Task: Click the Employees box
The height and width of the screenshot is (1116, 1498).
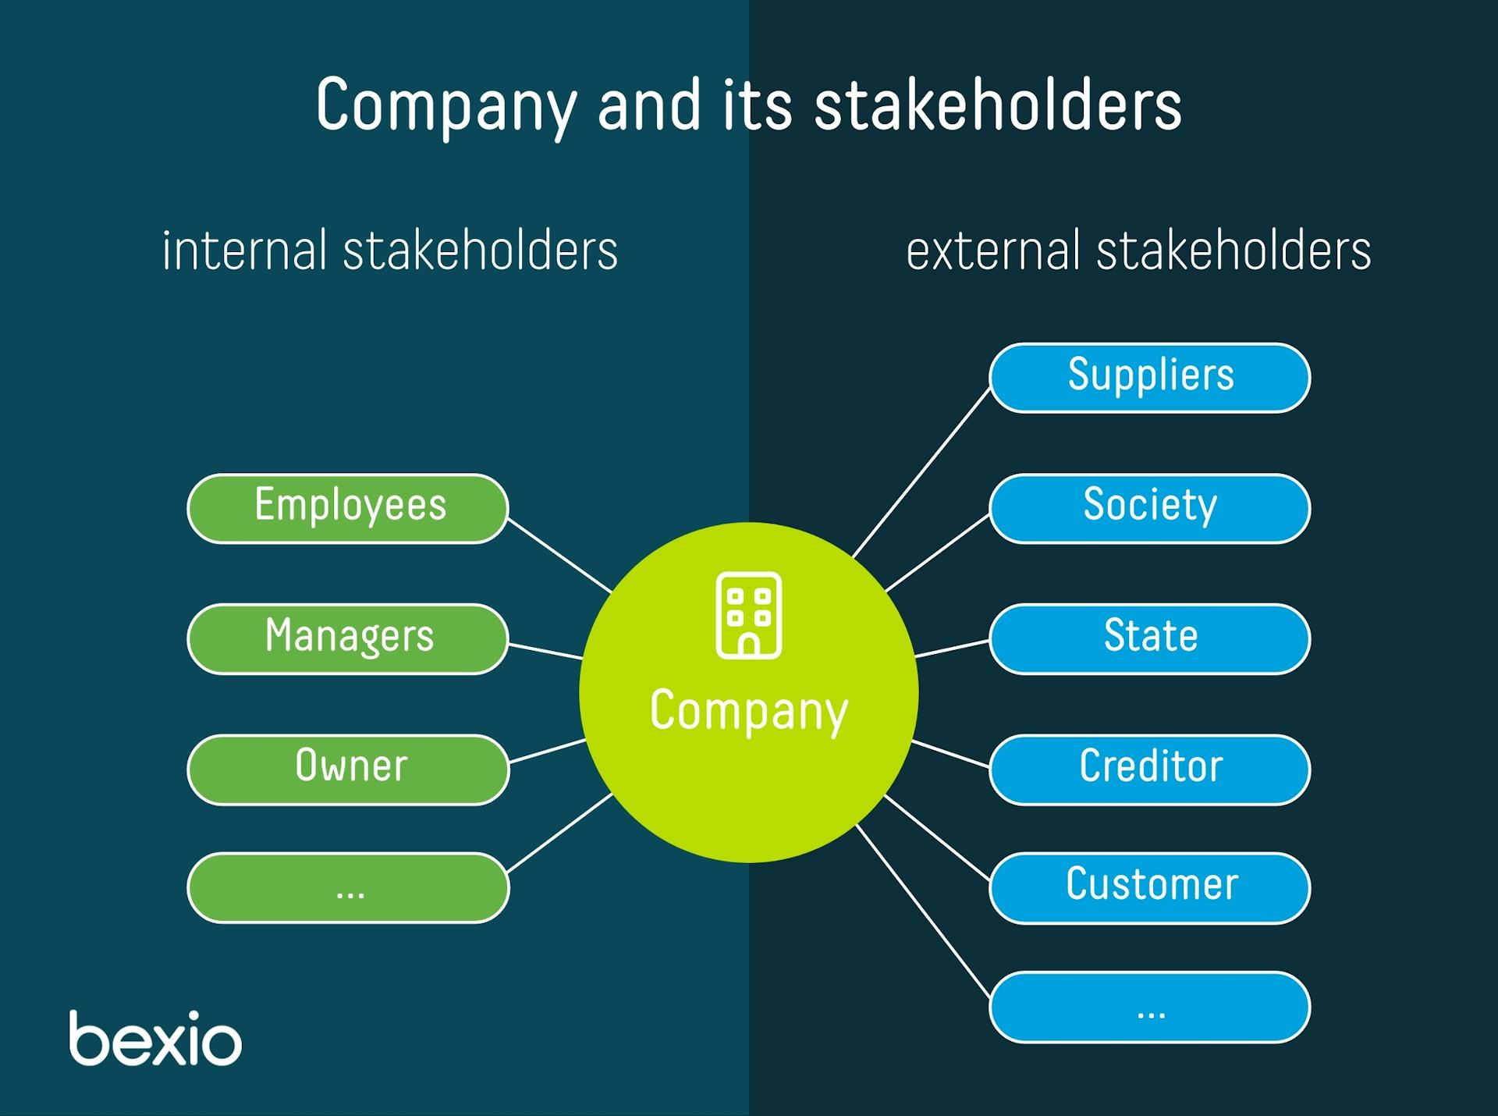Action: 348,508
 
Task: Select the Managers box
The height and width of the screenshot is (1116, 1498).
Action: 348,638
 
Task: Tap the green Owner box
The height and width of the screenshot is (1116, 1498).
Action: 348,769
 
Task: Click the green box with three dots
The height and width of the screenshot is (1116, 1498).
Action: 348,887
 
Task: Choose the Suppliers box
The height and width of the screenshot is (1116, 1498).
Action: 1149,378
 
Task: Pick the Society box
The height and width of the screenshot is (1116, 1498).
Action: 1149,508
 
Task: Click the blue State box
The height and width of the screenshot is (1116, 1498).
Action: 1149,638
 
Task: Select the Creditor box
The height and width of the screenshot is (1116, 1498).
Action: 1149,769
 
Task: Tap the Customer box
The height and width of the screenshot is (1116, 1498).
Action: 1149,887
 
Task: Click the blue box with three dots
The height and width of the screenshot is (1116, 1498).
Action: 1149,1007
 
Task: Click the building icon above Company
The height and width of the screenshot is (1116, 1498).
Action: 748,615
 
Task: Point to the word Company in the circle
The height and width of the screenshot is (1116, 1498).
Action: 748,710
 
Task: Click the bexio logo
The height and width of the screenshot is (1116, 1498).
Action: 155,1039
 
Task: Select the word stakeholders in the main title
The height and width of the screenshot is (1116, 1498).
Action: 997,105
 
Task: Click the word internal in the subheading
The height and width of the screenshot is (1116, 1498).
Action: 243,251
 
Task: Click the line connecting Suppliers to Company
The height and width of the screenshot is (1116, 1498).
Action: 921,473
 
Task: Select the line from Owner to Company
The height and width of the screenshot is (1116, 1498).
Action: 546,751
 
